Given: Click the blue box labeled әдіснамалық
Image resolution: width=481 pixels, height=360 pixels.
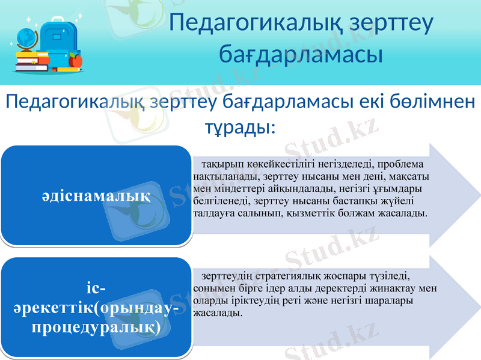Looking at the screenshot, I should point(96,195).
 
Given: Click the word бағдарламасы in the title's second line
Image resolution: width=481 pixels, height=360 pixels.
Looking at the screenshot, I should point(301,54).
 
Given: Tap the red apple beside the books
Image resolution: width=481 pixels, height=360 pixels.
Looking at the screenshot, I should point(75,60).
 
